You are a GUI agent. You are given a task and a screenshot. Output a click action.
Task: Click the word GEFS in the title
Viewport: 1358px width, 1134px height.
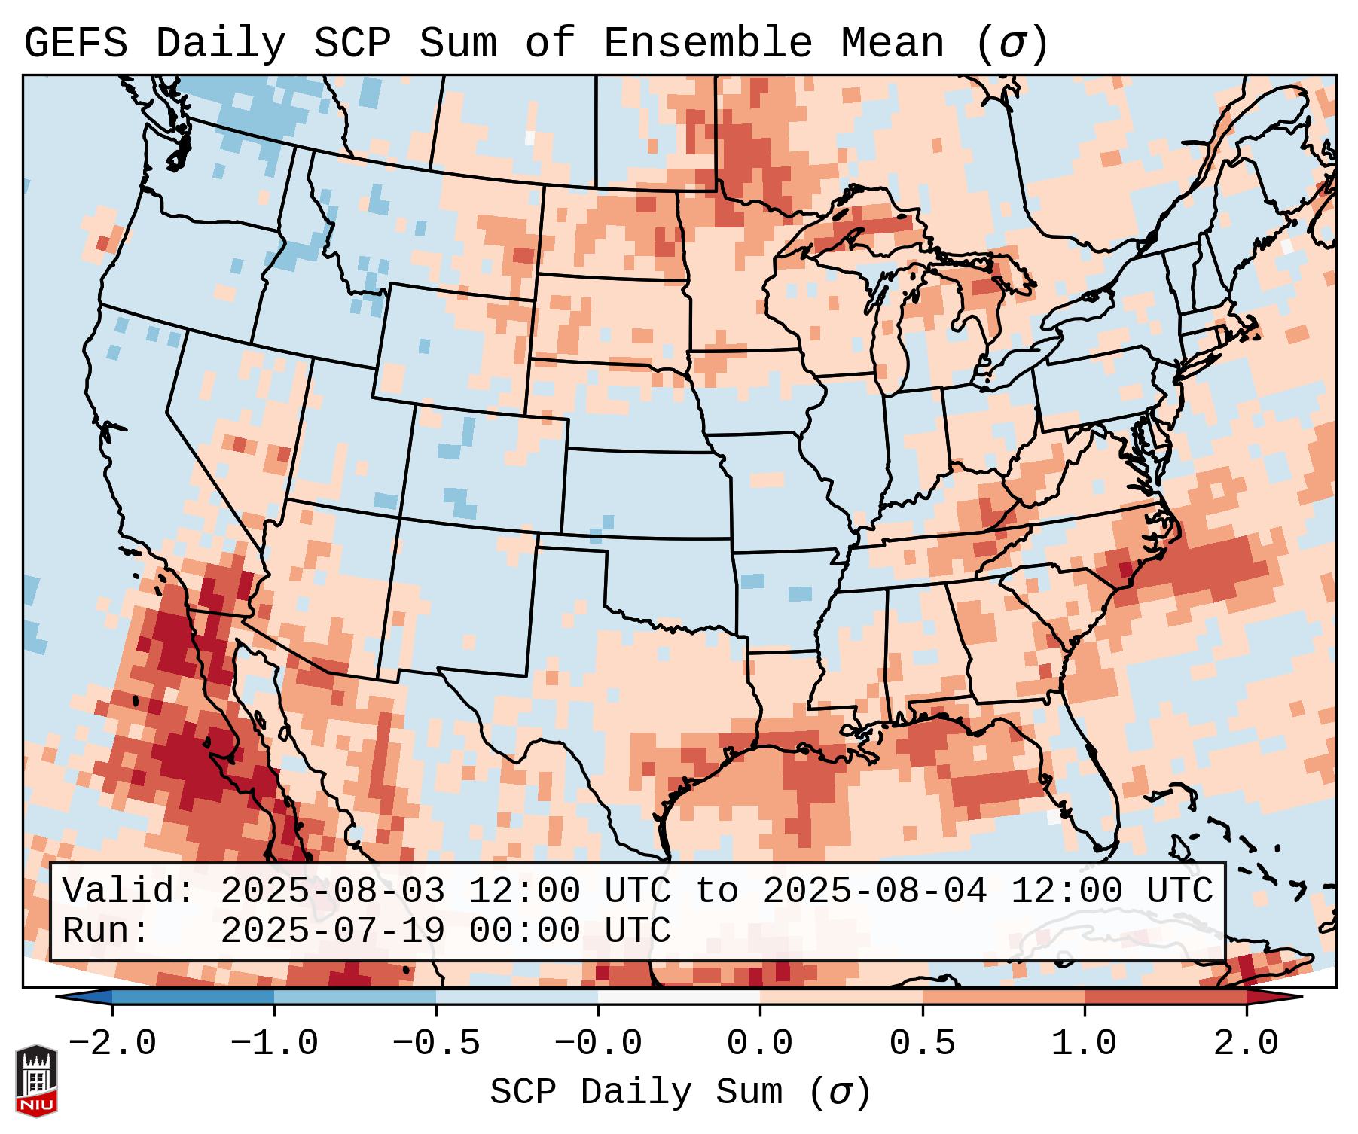pos(75,44)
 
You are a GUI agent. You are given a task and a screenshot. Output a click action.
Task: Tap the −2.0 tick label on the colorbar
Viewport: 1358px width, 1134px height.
pos(112,1044)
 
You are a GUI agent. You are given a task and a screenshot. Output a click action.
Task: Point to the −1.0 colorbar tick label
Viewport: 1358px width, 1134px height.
pos(274,1044)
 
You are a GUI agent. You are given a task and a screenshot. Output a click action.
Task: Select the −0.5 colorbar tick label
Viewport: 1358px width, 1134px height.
pos(436,1044)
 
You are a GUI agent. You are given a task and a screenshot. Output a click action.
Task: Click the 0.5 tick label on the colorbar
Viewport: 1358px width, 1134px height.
pos(923,1044)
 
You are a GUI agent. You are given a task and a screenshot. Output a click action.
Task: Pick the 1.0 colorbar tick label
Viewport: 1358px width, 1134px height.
pos(1085,1044)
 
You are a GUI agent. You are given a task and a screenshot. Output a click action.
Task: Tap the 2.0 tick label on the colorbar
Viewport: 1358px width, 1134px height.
pos(1247,1044)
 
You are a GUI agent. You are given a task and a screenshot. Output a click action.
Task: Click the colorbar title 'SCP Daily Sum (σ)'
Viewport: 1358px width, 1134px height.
pos(680,1092)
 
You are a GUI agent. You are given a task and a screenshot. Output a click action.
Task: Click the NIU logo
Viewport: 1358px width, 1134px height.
pos(36,1080)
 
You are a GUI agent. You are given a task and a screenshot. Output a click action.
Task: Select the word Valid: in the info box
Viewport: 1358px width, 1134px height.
pos(129,891)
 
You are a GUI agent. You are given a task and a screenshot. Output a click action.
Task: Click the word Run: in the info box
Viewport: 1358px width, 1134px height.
pos(106,931)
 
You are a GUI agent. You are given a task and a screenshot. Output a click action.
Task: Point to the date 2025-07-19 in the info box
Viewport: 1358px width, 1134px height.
pos(332,931)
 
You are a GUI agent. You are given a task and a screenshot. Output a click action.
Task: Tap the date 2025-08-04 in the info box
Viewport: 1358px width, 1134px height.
pos(874,891)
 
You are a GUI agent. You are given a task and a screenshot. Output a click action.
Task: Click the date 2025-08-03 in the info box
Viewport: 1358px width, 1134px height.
pos(332,891)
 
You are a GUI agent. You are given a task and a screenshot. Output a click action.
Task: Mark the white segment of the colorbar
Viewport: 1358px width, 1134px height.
pos(679,997)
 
